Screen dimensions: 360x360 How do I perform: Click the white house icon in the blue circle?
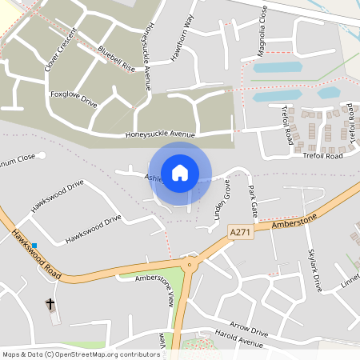[180, 172]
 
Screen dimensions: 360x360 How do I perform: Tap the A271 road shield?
[239, 231]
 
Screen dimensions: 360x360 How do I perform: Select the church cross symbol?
[50, 304]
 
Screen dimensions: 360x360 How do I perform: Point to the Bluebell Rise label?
[117, 61]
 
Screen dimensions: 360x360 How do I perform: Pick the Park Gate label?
[254, 201]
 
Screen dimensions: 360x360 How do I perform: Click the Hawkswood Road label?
[36, 255]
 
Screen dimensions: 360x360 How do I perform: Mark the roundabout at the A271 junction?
[190, 264]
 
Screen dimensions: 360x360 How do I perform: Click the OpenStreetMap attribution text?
[81, 354]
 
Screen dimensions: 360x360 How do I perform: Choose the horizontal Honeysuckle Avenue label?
[160, 134]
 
